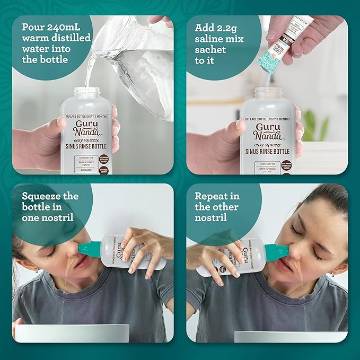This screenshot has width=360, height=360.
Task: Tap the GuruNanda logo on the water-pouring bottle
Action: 87,128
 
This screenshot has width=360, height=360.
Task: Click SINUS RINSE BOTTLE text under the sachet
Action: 268,150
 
